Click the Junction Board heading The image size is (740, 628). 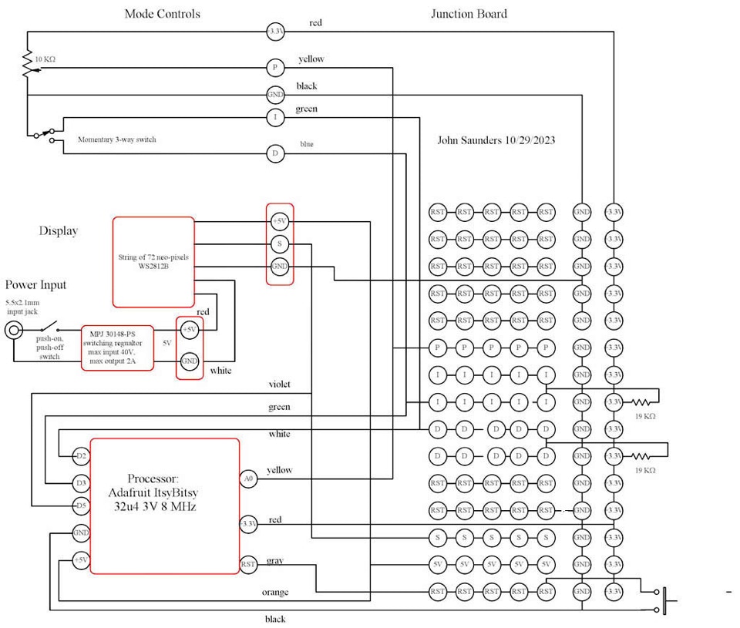pyautogui.click(x=469, y=14)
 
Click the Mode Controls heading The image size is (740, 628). pyautogui.click(x=162, y=14)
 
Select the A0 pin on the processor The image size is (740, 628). pyautogui.click(x=248, y=479)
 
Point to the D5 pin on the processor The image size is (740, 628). pyautogui.click(x=81, y=506)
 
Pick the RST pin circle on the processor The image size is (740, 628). pyautogui.click(x=248, y=564)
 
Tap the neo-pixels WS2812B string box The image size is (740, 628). pyautogui.click(x=153, y=262)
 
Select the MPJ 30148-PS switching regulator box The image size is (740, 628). pyautogui.click(x=117, y=348)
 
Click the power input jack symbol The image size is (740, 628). pyautogui.click(x=14, y=331)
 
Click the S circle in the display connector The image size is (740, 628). pyautogui.click(x=280, y=244)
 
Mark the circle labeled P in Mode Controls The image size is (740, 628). pyautogui.click(x=275, y=68)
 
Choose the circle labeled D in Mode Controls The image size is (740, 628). pyautogui.click(x=275, y=154)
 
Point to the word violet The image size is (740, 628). pyautogui.click(x=279, y=384)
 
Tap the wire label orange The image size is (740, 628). pyautogui.click(x=274, y=592)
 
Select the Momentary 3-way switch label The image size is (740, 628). pyautogui.click(x=116, y=139)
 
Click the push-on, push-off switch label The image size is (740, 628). pyautogui.click(x=49, y=348)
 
